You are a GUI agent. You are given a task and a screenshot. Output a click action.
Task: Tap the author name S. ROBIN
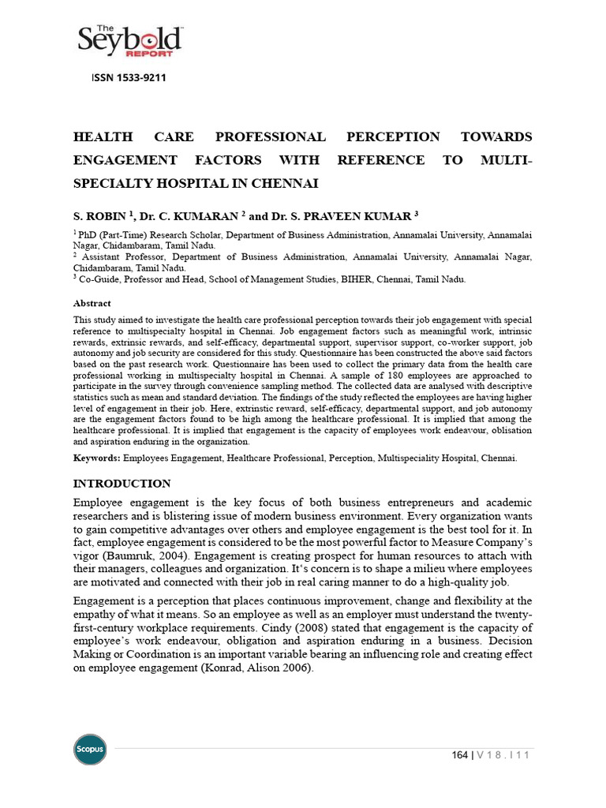102,215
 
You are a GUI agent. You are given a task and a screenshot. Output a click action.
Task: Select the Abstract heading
92,303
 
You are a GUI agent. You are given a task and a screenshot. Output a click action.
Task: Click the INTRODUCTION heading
122,483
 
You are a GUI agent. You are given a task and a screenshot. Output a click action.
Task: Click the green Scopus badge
89,749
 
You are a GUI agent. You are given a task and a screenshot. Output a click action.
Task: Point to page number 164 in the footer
460,755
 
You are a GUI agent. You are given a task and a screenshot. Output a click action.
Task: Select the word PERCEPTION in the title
393,137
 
